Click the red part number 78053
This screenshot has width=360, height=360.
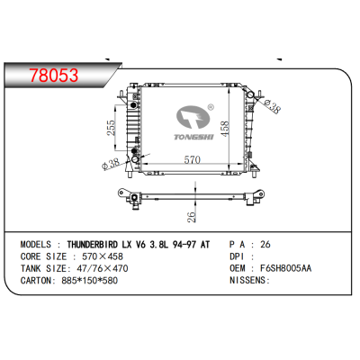pyautogui.click(x=54, y=75)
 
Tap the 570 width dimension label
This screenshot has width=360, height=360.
pyautogui.click(x=192, y=160)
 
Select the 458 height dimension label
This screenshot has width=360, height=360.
pyautogui.click(x=225, y=128)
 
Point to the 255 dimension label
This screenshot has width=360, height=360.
pyautogui.click(x=111, y=128)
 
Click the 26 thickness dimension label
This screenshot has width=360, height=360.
pyautogui.click(x=192, y=217)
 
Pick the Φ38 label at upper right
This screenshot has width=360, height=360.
pyautogui.click(x=272, y=106)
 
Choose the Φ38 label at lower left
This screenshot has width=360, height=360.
pyautogui.click(x=111, y=164)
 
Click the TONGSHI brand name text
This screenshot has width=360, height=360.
pyautogui.click(x=193, y=137)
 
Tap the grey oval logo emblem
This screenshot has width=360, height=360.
pyautogui.click(x=193, y=117)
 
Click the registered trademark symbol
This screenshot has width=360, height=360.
pyautogui.click(x=211, y=106)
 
